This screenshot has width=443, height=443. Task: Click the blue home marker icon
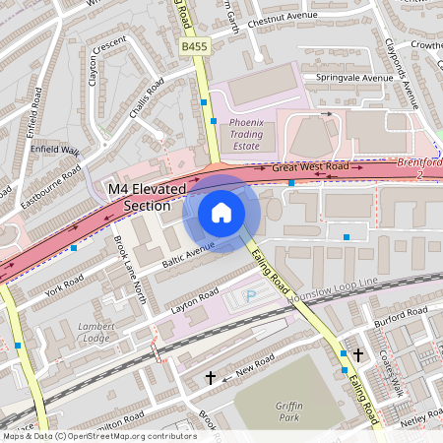(x=221, y=213)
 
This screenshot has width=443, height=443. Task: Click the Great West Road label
(x=310, y=168)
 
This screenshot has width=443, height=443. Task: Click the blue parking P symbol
(x=249, y=295)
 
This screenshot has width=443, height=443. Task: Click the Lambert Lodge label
(x=95, y=333)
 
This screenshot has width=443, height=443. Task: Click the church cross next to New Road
(x=210, y=377)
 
